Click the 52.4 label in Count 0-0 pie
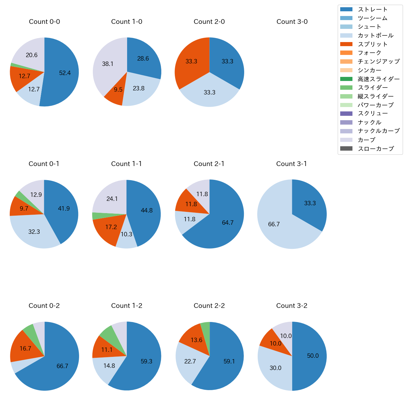(65, 73)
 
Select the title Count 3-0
(292, 22)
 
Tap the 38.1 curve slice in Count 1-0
(108, 64)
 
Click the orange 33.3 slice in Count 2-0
(191, 62)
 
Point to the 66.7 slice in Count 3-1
(274, 224)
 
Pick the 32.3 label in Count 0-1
(34, 232)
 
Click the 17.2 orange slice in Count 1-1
(111, 227)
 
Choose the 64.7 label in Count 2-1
(228, 223)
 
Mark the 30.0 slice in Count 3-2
(275, 368)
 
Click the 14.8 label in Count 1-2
(109, 366)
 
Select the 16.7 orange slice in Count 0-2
(25, 349)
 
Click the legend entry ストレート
(373, 9)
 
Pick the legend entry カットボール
(375, 35)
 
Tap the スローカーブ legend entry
(376, 149)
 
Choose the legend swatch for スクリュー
(346, 114)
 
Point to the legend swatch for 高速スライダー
(346, 79)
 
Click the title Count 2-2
(209, 306)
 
